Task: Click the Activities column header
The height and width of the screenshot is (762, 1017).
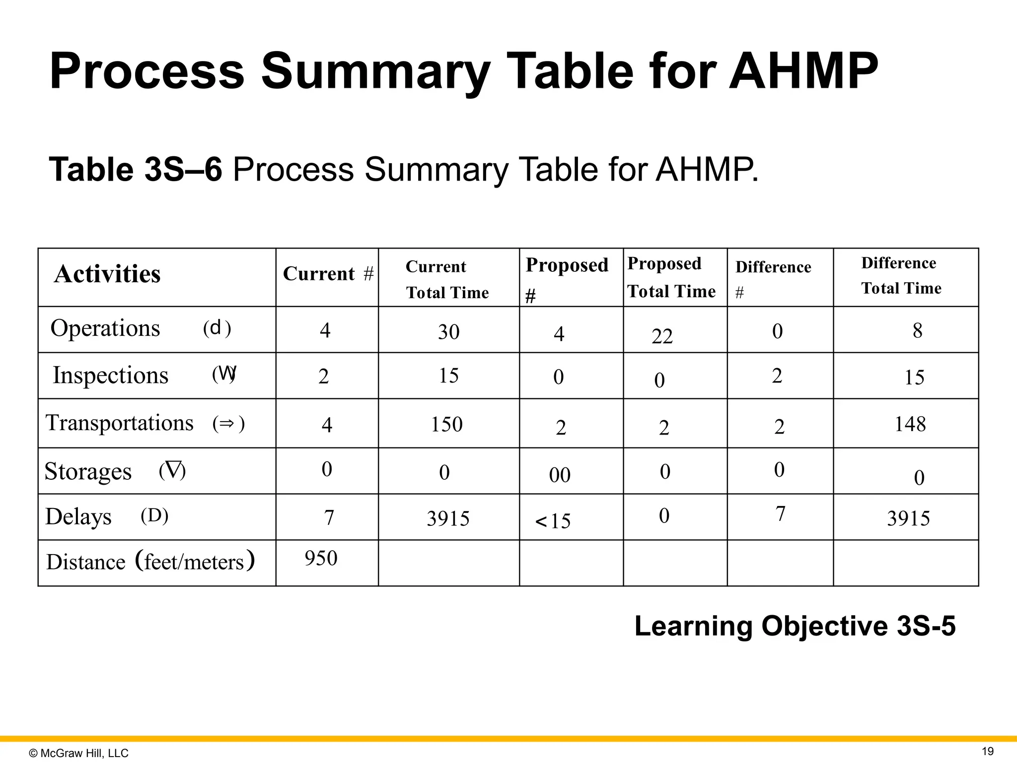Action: pos(107,274)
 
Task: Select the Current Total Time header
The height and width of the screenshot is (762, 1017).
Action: pos(447,279)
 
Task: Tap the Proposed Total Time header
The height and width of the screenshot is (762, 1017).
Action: pos(671,277)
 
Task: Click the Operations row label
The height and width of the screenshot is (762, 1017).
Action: pos(105,328)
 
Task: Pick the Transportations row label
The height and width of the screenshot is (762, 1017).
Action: pos(120,423)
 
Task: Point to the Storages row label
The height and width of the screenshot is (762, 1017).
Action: pos(88,471)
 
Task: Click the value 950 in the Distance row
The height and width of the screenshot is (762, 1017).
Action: pos(321,559)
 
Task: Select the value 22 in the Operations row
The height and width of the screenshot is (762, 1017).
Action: pos(662,337)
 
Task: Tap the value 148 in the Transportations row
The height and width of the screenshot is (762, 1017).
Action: pos(910,424)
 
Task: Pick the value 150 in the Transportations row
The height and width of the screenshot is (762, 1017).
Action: pos(446,425)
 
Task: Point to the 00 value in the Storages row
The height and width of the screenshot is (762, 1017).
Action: pos(560,475)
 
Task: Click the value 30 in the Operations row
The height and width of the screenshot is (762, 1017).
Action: pos(448,332)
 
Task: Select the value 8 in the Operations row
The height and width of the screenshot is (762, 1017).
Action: pos(917,331)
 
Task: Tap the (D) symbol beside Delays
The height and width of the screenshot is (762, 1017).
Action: pos(154,516)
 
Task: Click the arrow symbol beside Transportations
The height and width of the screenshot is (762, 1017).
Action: pos(227,424)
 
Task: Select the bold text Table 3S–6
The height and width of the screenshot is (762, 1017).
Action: pos(136,169)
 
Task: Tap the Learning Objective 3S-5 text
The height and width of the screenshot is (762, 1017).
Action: pos(795,626)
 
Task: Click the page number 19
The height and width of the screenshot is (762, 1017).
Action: pos(988,751)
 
